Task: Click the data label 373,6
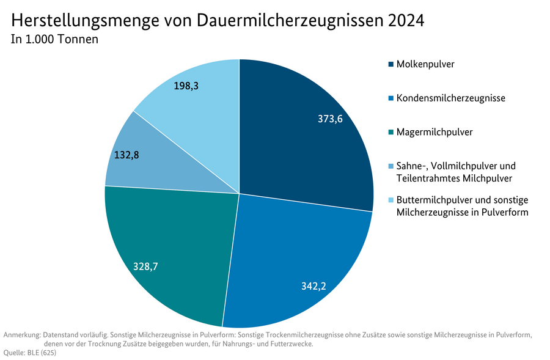coord(330,119)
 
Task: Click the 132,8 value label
coord(127,155)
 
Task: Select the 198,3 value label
coord(186,86)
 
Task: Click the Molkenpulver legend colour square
coord(391,64)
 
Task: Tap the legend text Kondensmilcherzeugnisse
coord(450,98)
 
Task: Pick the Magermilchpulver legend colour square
coord(391,132)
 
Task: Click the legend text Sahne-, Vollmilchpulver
coord(456,166)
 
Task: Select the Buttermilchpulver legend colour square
coord(391,200)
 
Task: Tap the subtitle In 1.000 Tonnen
coord(54,40)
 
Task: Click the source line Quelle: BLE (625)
coord(30,353)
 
